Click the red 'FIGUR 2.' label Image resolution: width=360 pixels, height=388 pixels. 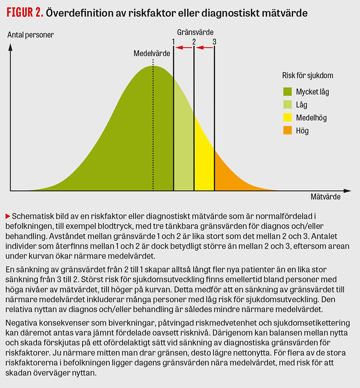(25, 13)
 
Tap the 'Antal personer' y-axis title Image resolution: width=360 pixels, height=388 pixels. (30, 35)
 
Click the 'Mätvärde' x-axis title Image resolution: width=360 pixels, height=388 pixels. (325, 197)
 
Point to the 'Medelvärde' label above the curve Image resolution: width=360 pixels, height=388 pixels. (152, 54)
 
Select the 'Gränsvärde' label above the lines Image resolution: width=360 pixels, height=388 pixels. (195, 32)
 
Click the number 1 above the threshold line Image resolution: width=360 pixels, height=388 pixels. (173, 42)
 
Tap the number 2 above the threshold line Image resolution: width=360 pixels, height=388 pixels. (194, 42)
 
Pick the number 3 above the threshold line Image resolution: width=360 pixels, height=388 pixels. (214, 42)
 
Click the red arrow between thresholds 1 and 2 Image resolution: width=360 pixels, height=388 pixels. (183, 48)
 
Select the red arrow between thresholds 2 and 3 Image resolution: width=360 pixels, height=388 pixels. (204, 48)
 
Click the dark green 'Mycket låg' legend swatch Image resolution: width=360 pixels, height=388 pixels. (288, 91)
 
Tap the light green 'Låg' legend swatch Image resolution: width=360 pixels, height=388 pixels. (288, 105)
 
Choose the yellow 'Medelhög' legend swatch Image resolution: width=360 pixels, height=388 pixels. (288, 118)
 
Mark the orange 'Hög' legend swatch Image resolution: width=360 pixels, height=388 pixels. (288, 131)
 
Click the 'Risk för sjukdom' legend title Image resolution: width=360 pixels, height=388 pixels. (307, 76)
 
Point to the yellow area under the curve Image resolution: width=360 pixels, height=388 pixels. (204, 165)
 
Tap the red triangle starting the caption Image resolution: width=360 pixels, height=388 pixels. (8, 216)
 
